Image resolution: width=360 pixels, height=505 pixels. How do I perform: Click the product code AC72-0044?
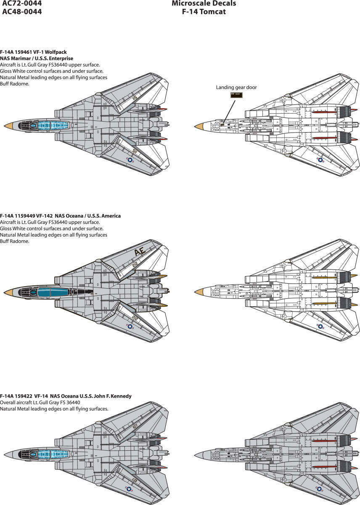22,3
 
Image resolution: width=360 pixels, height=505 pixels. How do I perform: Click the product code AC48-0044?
22,12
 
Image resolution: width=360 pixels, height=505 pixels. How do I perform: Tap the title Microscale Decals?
204,3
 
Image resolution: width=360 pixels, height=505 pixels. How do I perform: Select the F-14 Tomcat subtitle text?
204,12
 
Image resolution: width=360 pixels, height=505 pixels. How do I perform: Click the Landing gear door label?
236,87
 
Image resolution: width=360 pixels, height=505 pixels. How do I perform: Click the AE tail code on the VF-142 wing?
140,252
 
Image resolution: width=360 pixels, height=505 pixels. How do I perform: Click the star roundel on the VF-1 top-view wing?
130,160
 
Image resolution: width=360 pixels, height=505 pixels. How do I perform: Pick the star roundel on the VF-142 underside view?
320,327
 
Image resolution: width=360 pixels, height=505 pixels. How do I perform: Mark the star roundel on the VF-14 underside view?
320,489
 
